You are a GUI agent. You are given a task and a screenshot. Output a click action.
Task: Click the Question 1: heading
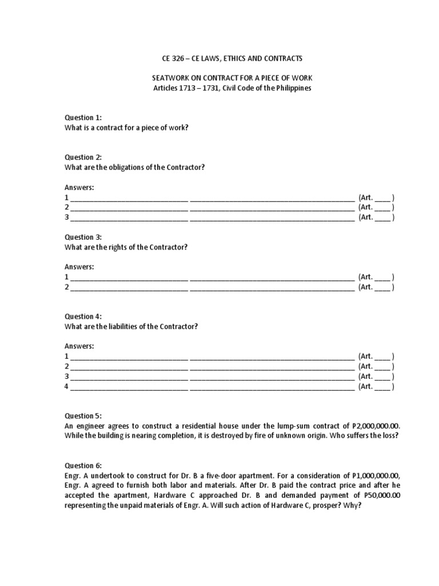coord(83,117)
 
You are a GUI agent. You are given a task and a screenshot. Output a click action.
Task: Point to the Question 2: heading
coord(83,157)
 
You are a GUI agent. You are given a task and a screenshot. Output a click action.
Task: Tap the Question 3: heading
coord(83,237)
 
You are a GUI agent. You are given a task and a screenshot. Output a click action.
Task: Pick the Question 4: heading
coord(83,316)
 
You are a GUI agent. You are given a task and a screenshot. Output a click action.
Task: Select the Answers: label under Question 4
coord(79,346)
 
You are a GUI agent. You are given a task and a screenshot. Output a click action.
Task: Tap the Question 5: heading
coord(83,416)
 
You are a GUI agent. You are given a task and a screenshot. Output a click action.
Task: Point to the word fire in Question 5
coord(281,437)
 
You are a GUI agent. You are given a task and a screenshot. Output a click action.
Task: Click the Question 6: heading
coord(83,466)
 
